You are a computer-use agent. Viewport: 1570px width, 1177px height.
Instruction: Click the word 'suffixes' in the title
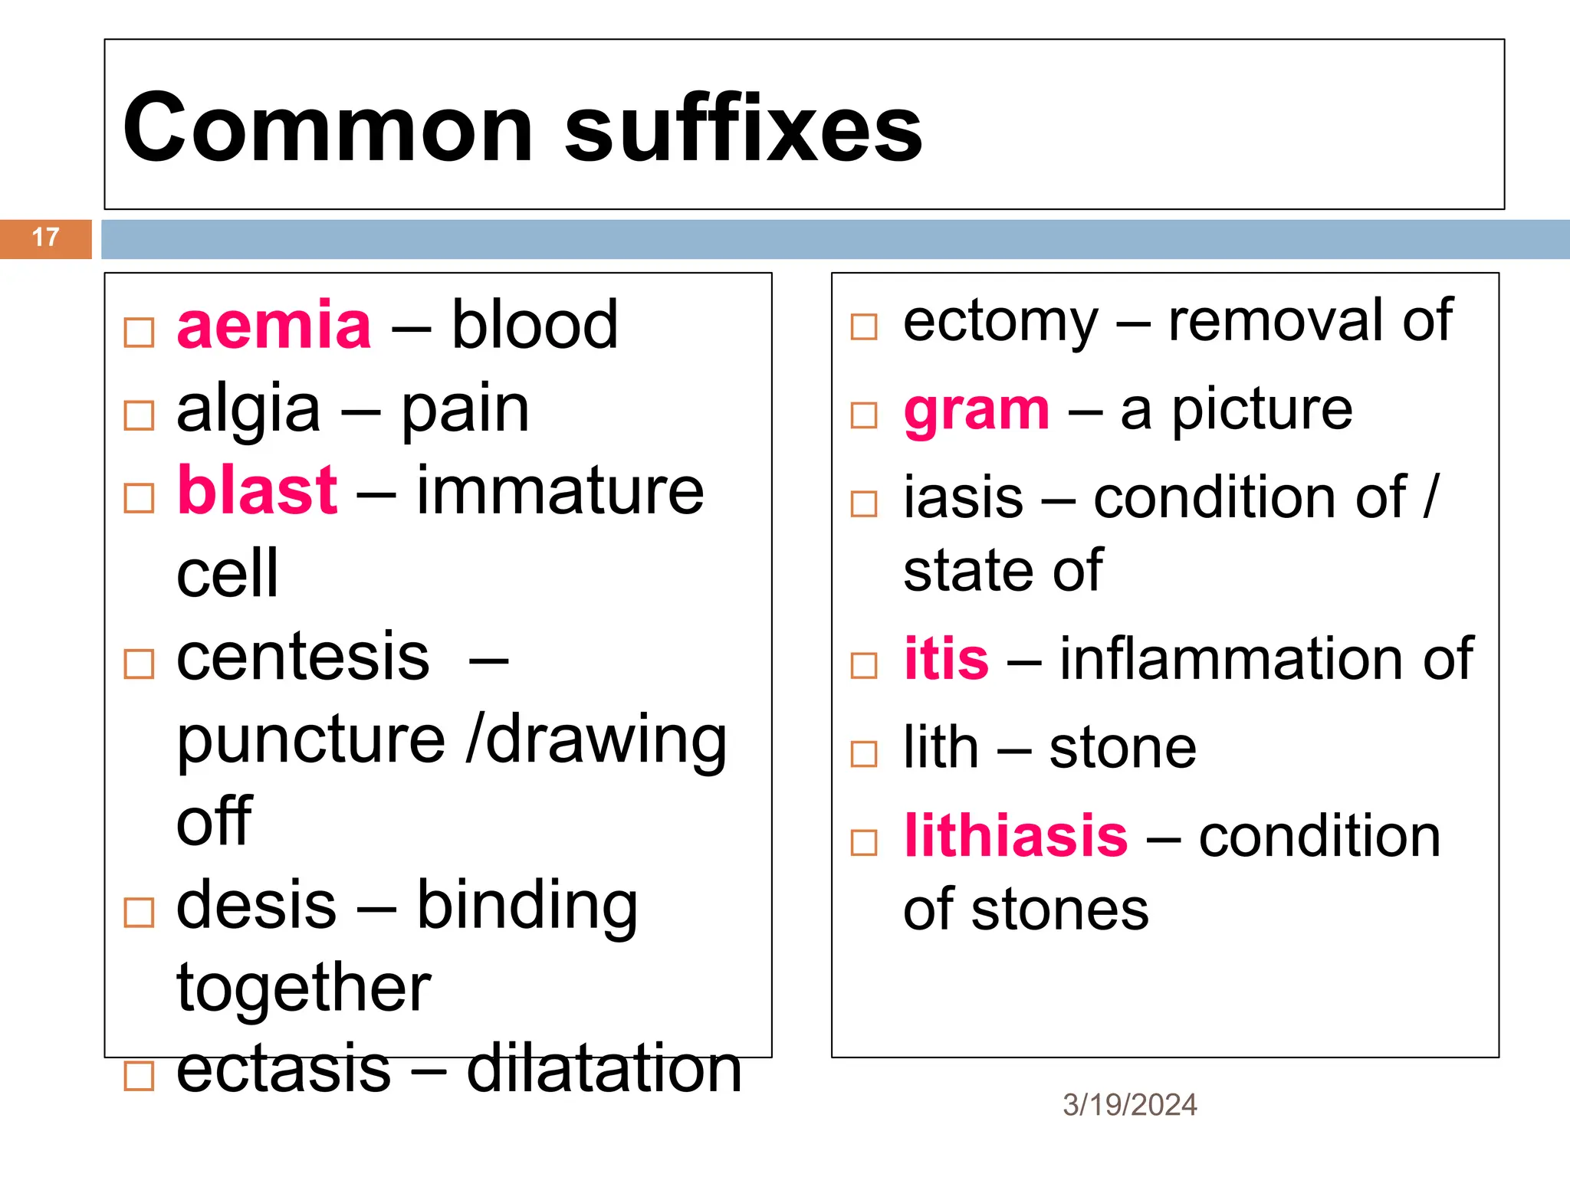743,128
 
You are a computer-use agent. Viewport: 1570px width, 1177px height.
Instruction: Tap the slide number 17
45,238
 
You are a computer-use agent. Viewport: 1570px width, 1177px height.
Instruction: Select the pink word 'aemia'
274,326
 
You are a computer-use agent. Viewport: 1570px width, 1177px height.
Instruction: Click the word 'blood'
534,326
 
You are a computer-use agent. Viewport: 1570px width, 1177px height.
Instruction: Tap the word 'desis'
256,906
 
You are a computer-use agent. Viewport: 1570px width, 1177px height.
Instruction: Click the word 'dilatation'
604,1068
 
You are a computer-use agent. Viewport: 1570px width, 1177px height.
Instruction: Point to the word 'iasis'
963,498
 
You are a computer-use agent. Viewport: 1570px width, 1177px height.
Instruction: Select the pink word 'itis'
946,659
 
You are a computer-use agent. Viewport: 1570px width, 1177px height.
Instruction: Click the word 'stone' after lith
1122,748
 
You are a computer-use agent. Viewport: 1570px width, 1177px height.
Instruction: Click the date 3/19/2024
1129,1105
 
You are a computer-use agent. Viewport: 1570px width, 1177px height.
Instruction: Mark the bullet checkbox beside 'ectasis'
139,1076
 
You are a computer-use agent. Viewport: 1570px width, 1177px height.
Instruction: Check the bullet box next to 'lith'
864,754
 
